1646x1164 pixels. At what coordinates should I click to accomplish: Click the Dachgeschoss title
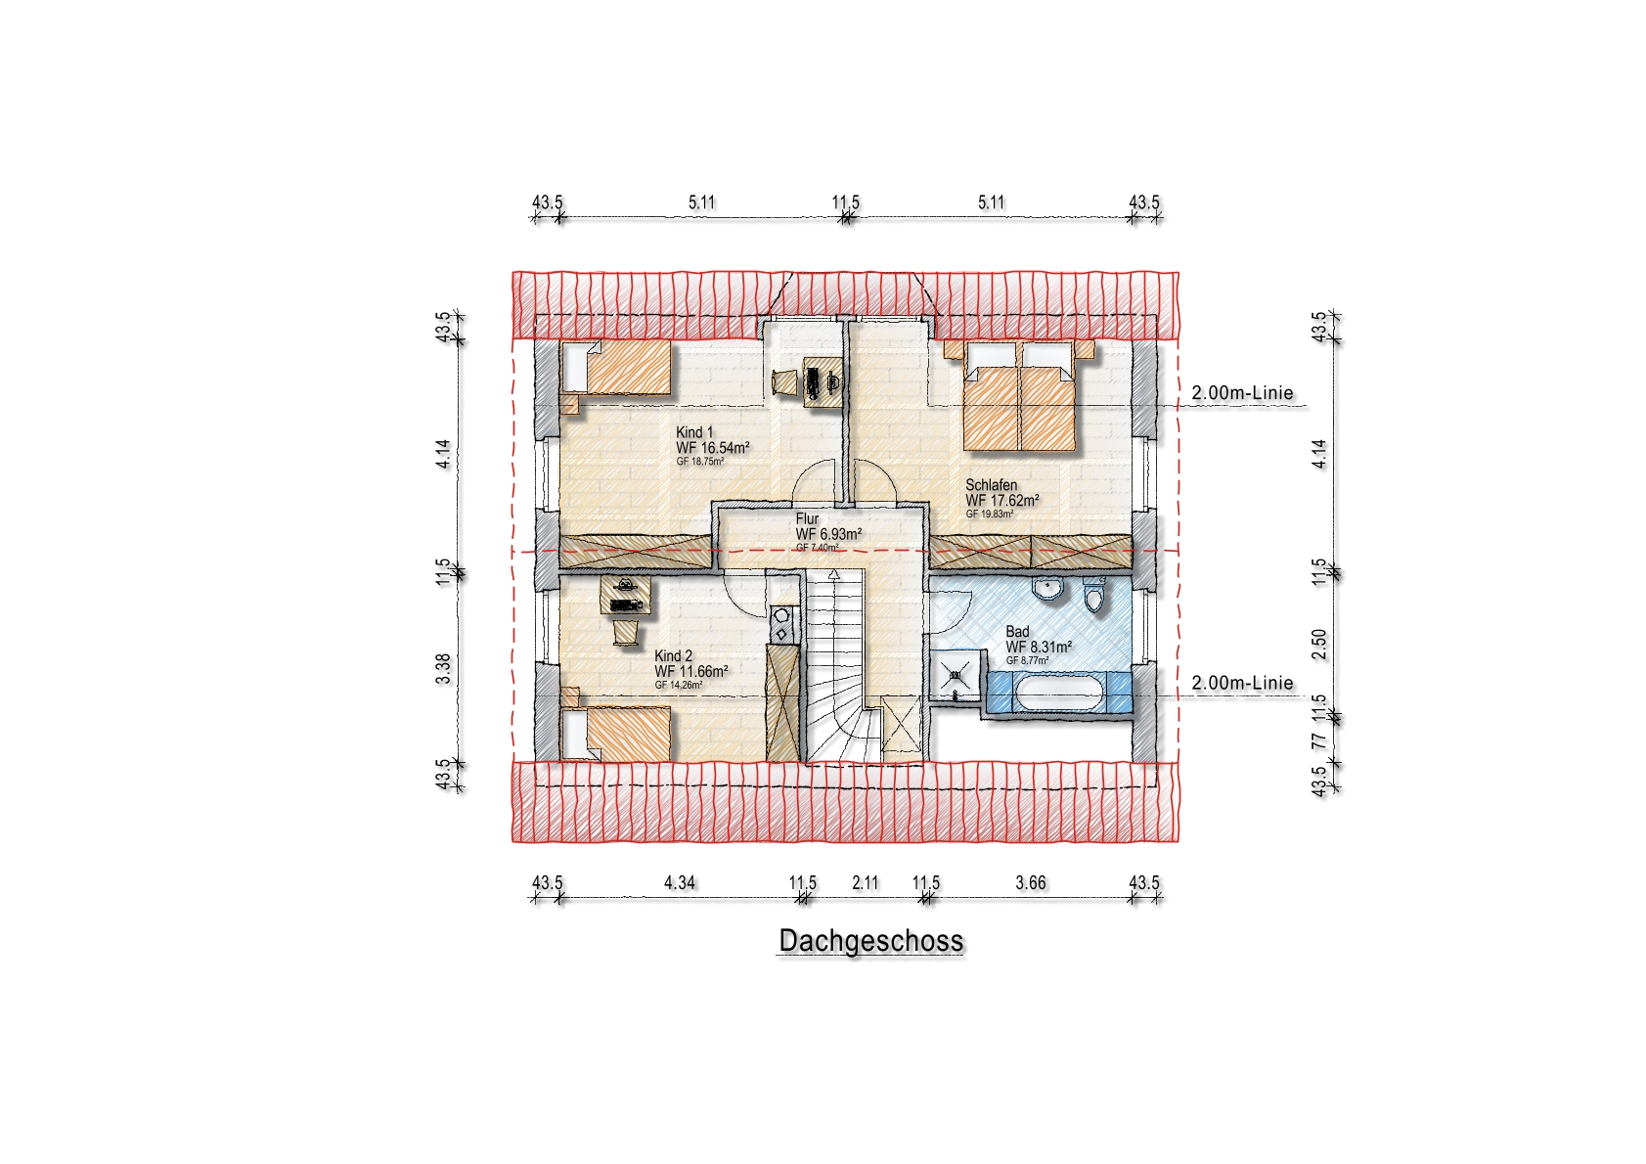[x=870, y=941]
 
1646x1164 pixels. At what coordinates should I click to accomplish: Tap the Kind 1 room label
[x=694, y=432]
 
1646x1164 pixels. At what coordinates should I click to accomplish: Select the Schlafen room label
[x=992, y=485]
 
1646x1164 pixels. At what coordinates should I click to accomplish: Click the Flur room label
[x=807, y=518]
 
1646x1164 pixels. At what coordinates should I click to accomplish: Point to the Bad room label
[x=1018, y=631]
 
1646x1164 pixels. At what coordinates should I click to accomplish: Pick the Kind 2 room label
[x=673, y=655]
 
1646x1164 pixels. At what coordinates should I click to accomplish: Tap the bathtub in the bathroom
[x=1058, y=693]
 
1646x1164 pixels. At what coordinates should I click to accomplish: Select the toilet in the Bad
[x=1094, y=594]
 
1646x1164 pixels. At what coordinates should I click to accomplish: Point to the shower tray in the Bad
[x=956, y=675]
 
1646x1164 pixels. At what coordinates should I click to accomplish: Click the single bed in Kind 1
[x=616, y=368]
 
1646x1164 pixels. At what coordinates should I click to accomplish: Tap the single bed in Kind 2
[x=616, y=733]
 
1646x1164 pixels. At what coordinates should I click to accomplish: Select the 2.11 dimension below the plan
[x=865, y=882]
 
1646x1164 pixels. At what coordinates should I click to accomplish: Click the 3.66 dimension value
[x=1030, y=882]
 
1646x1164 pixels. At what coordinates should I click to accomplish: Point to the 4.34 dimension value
[x=679, y=882]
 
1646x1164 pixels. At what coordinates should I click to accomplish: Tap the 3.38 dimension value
[x=443, y=669]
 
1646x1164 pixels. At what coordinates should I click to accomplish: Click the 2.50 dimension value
[x=1319, y=645]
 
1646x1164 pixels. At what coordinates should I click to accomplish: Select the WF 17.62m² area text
[x=1002, y=501]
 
